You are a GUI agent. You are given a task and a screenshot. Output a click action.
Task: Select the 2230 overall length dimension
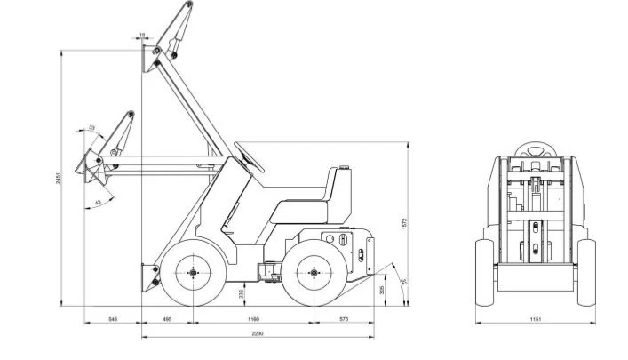coord(257,333)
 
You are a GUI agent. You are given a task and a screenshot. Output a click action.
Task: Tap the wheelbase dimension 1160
coord(253,317)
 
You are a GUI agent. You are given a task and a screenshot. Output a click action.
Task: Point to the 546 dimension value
coord(113,317)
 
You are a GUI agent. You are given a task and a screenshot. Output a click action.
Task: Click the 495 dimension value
coord(167,317)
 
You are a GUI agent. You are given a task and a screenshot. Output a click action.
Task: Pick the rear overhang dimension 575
coord(343,317)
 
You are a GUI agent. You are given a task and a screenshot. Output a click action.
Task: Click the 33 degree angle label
coord(91,129)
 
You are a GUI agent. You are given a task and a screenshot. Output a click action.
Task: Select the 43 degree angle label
coord(98,203)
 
